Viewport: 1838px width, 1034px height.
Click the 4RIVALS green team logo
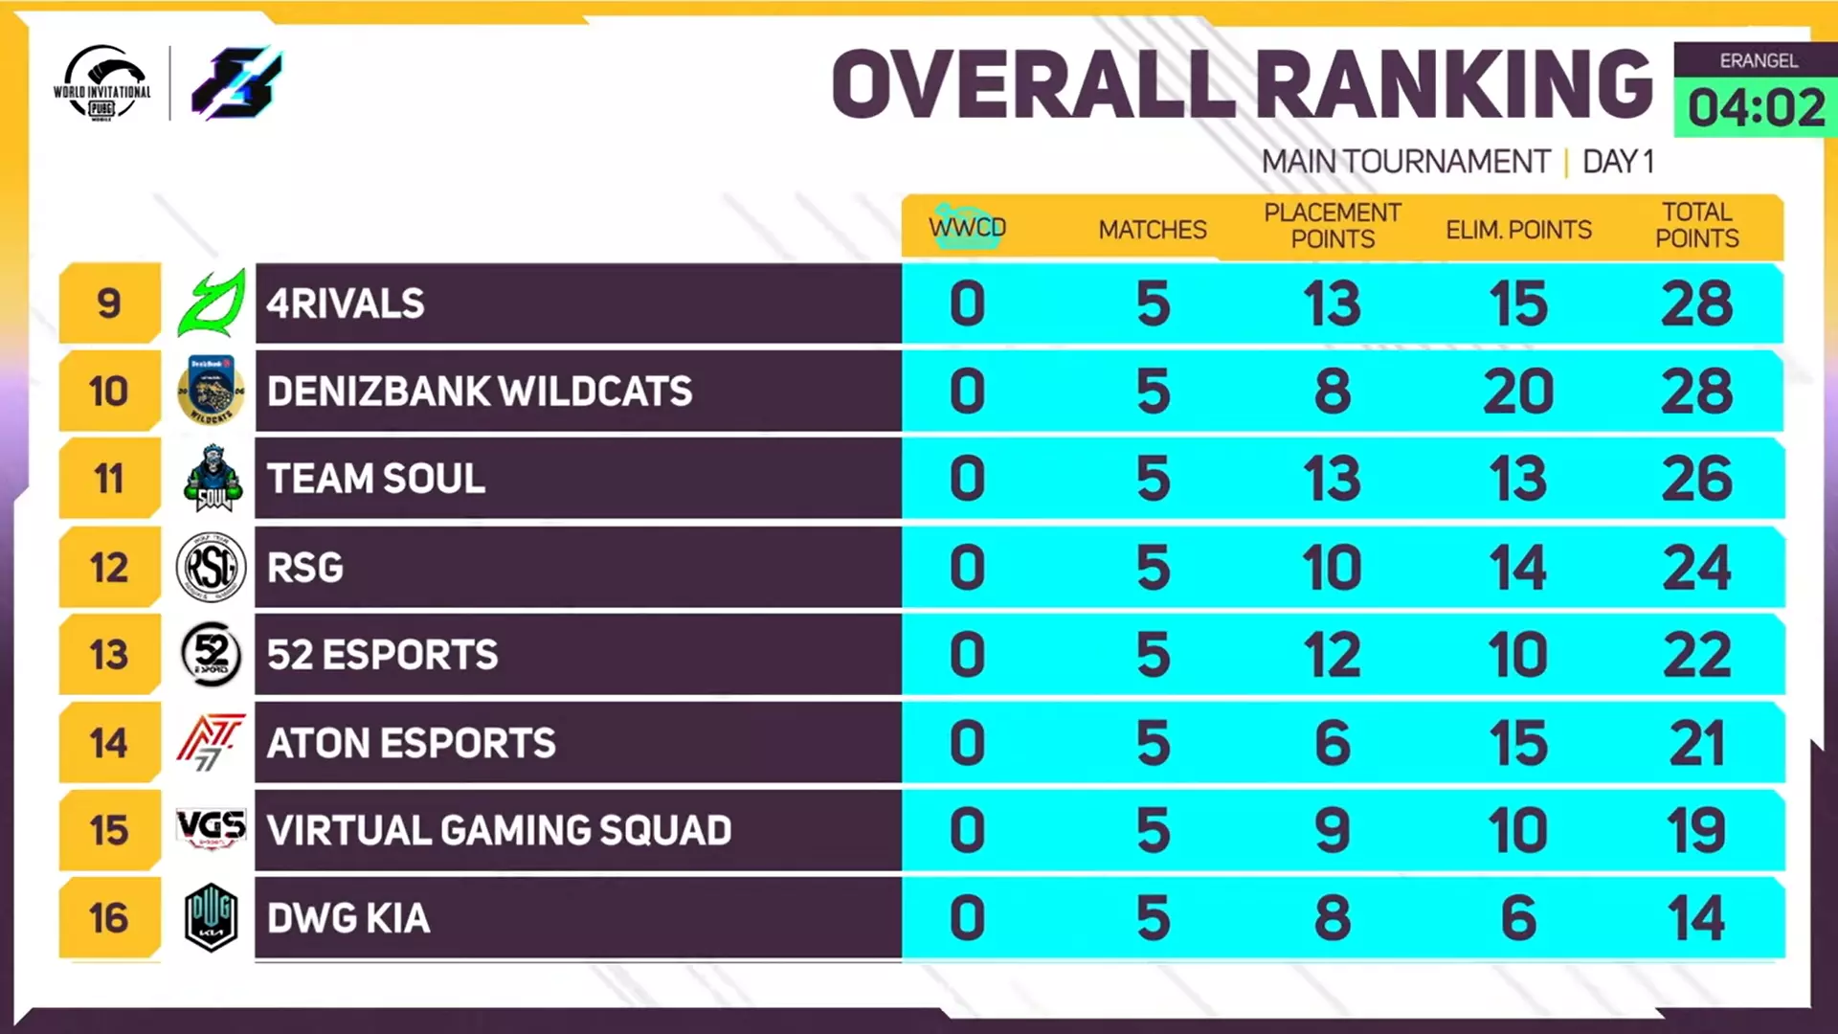(212, 303)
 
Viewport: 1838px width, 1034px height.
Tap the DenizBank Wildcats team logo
(212, 391)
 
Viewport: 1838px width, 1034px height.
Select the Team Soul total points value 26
(1696, 479)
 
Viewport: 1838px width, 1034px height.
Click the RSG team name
(305, 568)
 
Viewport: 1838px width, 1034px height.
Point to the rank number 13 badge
(109, 656)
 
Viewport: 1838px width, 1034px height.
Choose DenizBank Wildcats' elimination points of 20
(1518, 392)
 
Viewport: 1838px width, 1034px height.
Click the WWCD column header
(967, 228)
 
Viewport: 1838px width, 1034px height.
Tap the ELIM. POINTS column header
(1518, 230)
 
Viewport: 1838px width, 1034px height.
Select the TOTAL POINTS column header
(1696, 225)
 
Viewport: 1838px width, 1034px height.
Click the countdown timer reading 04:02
(1756, 107)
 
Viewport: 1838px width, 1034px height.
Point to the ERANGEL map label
(1758, 60)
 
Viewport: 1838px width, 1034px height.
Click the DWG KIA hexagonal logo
(212, 917)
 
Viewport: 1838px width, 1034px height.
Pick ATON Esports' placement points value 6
(1333, 744)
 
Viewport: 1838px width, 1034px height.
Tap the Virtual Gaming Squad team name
(499, 830)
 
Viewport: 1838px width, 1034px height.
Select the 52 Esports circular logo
(212, 655)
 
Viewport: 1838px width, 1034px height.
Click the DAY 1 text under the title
(1618, 162)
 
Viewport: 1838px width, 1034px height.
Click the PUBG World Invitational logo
(102, 83)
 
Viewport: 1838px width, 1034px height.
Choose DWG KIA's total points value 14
(1696, 918)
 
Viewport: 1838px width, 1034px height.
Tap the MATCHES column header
(1153, 230)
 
